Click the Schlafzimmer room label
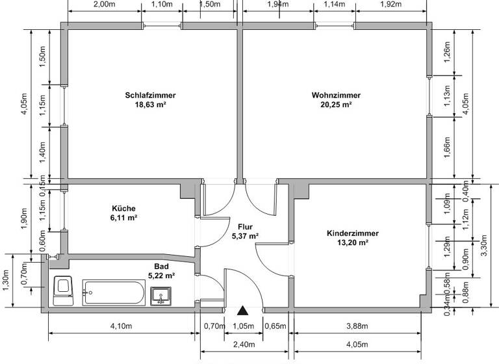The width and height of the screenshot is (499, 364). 150,95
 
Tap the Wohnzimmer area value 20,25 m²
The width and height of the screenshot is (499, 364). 336,104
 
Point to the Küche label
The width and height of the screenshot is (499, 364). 123,209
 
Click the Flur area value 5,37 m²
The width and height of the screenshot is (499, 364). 245,236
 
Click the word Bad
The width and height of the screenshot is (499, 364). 162,266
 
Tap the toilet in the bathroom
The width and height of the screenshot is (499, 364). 64,291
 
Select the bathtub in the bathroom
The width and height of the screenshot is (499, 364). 114,292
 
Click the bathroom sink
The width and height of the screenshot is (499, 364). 161,297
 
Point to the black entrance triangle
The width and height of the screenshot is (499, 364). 243,312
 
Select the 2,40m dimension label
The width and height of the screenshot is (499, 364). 244,344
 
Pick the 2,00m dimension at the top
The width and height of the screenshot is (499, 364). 104,5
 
